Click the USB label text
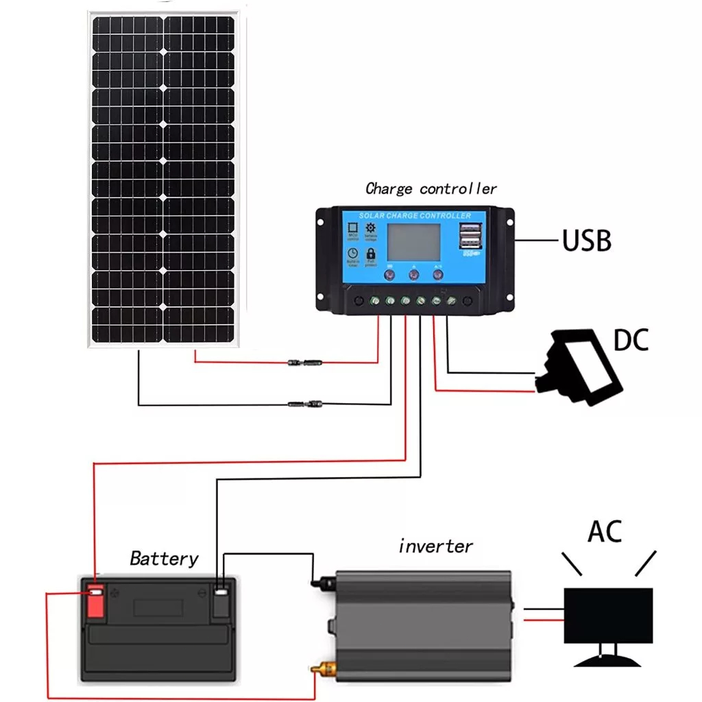[586, 241]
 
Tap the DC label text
[630, 340]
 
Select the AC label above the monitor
[604, 531]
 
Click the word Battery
[164, 559]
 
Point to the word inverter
[435, 546]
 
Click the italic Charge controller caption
[431, 189]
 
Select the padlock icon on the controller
[372, 254]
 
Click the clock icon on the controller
[352, 254]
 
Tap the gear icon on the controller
[371, 228]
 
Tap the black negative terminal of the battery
[220, 602]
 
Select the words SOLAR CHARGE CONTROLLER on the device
[415, 216]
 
